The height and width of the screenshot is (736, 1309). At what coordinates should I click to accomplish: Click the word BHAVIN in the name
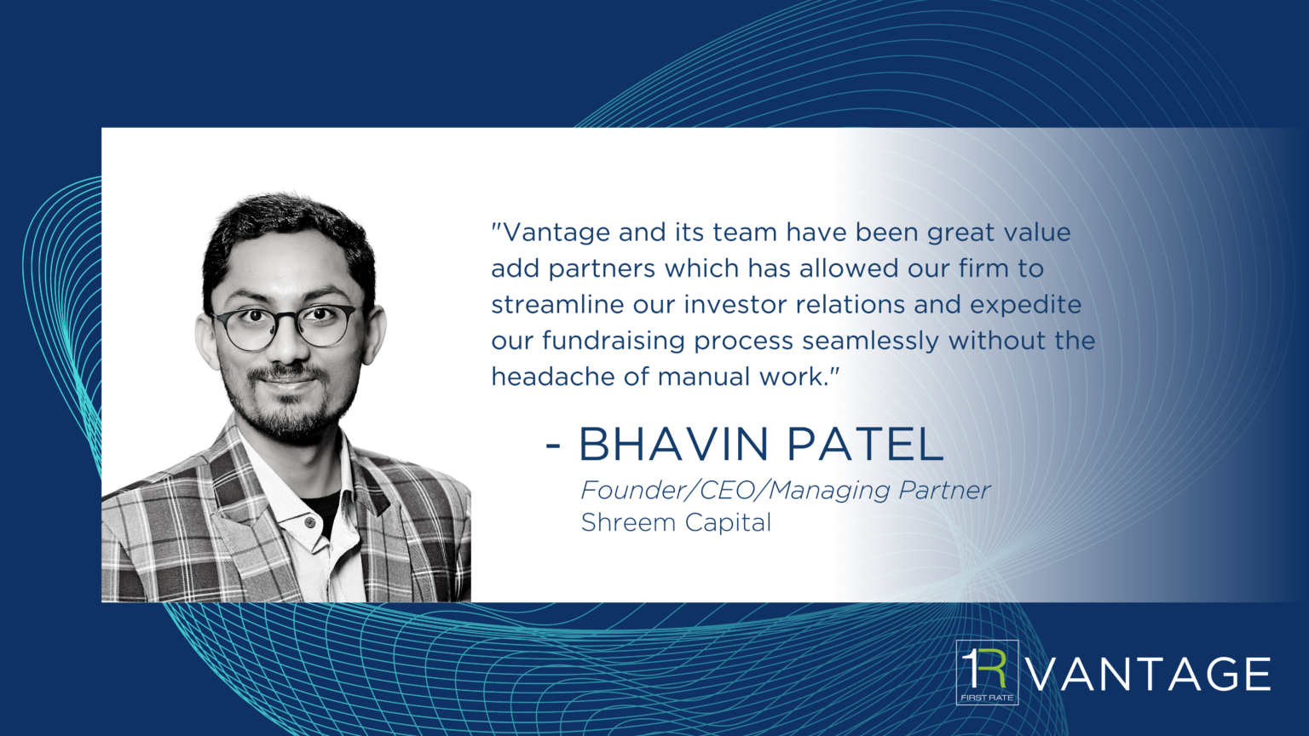[673, 445]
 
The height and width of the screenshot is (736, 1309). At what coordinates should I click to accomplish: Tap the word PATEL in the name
[866, 445]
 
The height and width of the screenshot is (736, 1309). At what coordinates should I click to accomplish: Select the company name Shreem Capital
[676, 522]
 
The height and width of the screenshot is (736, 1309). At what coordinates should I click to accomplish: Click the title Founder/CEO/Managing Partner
[786, 491]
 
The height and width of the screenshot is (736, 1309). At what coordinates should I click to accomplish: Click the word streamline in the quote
[557, 304]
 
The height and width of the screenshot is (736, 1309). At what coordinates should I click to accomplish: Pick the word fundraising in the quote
[613, 341]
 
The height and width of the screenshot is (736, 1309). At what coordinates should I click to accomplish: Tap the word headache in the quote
[553, 377]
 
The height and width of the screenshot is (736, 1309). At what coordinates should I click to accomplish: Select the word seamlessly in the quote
[870, 341]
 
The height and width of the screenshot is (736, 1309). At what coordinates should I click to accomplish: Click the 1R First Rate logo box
[987, 672]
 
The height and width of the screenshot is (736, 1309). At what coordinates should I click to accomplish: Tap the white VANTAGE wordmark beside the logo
[1149, 674]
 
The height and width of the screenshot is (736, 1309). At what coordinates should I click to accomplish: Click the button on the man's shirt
[310, 521]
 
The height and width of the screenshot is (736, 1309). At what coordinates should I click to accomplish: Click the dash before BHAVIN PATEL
[553, 446]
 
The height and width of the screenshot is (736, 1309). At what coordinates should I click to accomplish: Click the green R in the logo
[992, 668]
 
